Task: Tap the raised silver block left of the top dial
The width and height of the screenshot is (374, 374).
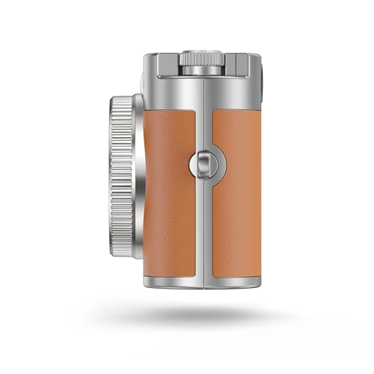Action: (x=169, y=67)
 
